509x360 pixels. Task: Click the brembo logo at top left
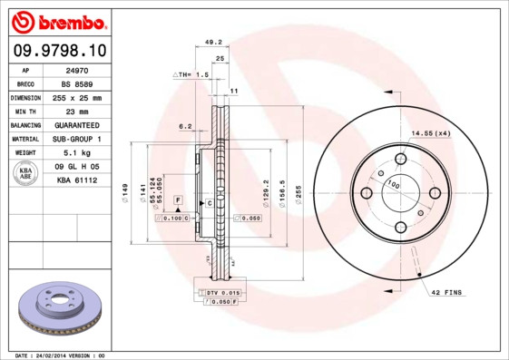point(57,20)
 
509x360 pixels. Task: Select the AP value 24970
point(75,69)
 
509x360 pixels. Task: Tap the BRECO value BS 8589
point(75,83)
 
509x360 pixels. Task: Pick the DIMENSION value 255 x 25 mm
point(75,97)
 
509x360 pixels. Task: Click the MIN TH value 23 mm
point(75,111)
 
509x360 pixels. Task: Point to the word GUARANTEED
point(75,124)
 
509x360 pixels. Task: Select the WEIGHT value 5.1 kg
point(75,152)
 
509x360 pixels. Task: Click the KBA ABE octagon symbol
point(26,173)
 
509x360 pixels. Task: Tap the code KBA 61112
point(75,180)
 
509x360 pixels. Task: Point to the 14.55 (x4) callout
point(431,133)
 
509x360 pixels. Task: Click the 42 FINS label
point(447,292)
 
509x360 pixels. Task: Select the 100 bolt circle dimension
point(394,184)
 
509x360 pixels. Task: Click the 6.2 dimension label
point(185,126)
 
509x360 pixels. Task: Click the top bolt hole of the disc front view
point(400,160)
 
